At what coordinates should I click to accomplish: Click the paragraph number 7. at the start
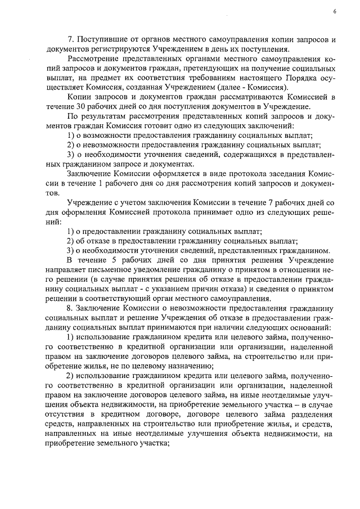click(71, 40)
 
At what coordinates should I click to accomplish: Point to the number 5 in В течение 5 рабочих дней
click(115, 260)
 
